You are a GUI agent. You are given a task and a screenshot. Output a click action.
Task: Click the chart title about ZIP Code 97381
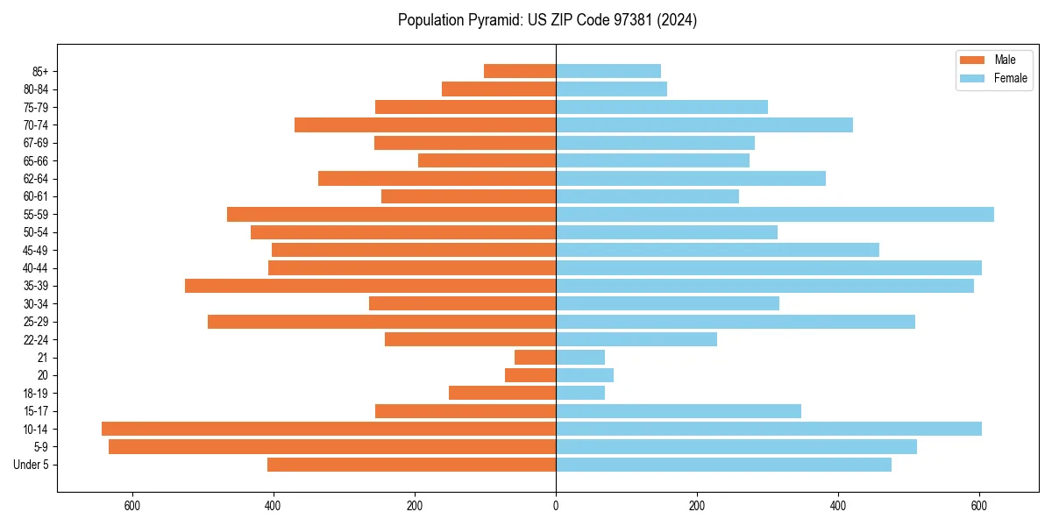tap(547, 20)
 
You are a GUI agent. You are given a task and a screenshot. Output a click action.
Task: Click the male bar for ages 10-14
tap(329, 429)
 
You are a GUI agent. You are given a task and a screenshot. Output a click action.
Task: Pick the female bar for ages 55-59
tap(775, 214)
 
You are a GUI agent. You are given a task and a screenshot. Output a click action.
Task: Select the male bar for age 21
tap(535, 357)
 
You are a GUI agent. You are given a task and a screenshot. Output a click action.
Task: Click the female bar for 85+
tap(608, 71)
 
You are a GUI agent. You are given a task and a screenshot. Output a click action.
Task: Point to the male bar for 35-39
tap(370, 286)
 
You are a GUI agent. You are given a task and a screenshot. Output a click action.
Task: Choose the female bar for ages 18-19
tap(580, 393)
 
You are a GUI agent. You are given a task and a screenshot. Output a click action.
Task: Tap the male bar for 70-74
tap(425, 124)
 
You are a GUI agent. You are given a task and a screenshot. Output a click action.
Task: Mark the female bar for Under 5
tap(723, 465)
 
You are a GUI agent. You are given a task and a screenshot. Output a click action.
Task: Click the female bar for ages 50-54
tap(666, 232)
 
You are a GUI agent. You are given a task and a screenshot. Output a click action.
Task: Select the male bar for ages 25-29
tap(381, 322)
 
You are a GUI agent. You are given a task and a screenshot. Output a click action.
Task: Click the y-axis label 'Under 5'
tap(32, 465)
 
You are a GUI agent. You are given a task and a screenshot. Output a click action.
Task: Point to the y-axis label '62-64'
tap(36, 179)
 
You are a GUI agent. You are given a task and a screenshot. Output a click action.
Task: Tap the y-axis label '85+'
tap(39, 71)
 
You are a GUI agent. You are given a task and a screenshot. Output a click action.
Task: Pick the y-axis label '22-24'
tap(36, 339)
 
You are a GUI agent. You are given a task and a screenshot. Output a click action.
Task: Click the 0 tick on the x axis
tap(556, 506)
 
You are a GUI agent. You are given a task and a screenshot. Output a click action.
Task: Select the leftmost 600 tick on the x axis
tap(132, 506)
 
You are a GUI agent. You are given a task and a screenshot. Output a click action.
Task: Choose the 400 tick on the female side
tap(838, 506)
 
